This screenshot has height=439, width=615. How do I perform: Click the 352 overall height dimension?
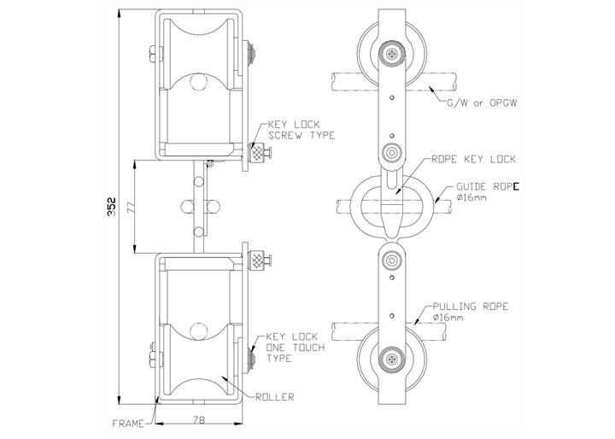click(x=111, y=207)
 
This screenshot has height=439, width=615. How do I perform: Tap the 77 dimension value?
click(x=132, y=207)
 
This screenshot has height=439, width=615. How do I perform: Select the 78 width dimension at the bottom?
click(x=199, y=419)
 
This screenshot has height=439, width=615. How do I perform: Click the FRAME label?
click(x=128, y=424)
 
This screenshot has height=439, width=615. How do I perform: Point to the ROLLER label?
click(x=274, y=397)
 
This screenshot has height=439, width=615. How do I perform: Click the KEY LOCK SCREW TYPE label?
click(x=302, y=130)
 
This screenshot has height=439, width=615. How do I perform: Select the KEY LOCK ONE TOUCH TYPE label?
click(x=296, y=348)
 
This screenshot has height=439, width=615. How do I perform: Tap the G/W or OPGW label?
click(x=482, y=102)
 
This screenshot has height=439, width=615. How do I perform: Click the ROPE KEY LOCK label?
click(x=473, y=159)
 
